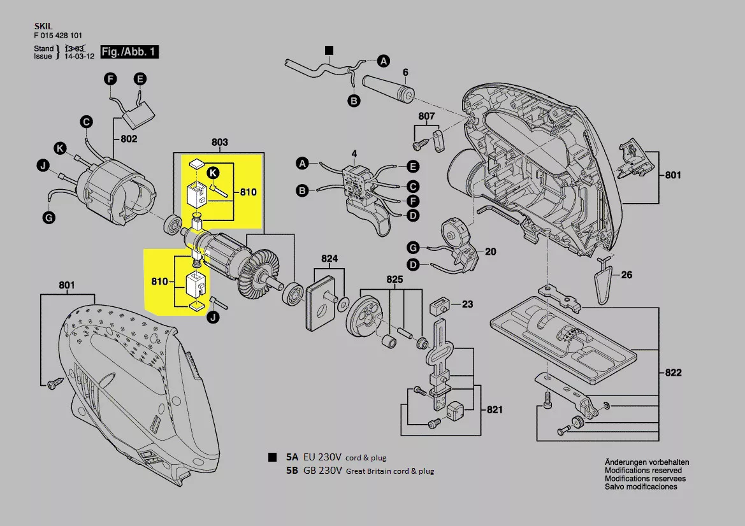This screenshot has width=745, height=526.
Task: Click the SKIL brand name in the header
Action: (x=42, y=27)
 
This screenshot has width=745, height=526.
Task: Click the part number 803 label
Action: (x=219, y=143)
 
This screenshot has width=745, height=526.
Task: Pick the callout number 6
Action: (x=405, y=71)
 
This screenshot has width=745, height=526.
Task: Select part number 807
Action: (x=426, y=117)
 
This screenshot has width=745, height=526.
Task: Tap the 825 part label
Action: (x=394, y=280)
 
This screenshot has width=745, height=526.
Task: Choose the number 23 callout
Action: (x=467, y=304)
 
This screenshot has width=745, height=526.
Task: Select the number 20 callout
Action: (x=490, y=252)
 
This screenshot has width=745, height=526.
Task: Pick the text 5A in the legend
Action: (x=293, y=457)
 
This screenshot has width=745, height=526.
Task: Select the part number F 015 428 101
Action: (x=57, y=36)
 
